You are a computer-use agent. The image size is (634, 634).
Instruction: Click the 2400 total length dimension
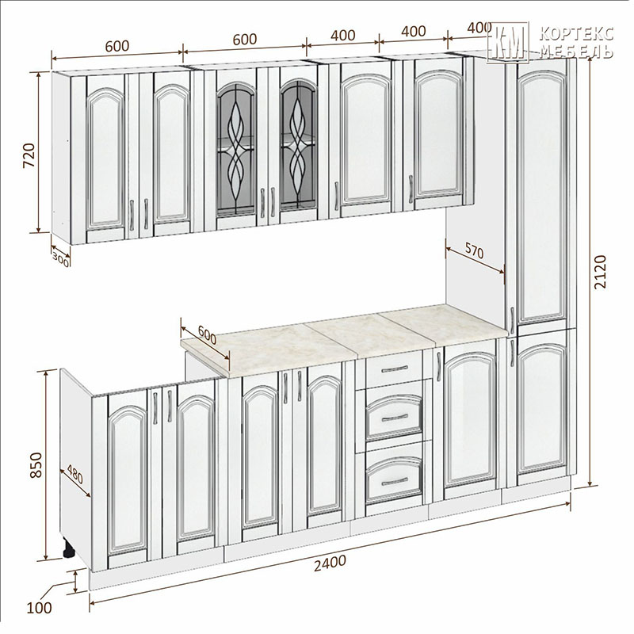330,563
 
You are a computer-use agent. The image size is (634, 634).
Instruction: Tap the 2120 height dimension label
601,271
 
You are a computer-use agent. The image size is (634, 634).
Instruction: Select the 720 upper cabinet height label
29,155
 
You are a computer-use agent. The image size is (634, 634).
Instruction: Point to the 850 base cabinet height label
36,465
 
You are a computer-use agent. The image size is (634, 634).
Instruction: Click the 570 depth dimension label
473,251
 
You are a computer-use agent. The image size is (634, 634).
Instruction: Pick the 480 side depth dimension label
74,474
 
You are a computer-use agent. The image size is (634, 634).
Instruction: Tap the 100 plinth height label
39,607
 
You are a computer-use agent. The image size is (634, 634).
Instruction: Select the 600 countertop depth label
208,334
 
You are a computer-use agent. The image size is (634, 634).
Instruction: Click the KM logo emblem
508,42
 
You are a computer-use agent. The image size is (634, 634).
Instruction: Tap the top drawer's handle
395,369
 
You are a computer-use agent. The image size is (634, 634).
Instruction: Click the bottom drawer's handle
395,481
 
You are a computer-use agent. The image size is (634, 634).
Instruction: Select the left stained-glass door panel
236,147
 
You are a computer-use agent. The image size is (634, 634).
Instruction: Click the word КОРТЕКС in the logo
576,33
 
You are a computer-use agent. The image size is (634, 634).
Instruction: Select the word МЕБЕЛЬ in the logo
576,52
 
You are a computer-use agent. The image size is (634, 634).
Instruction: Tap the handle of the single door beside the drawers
438,366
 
